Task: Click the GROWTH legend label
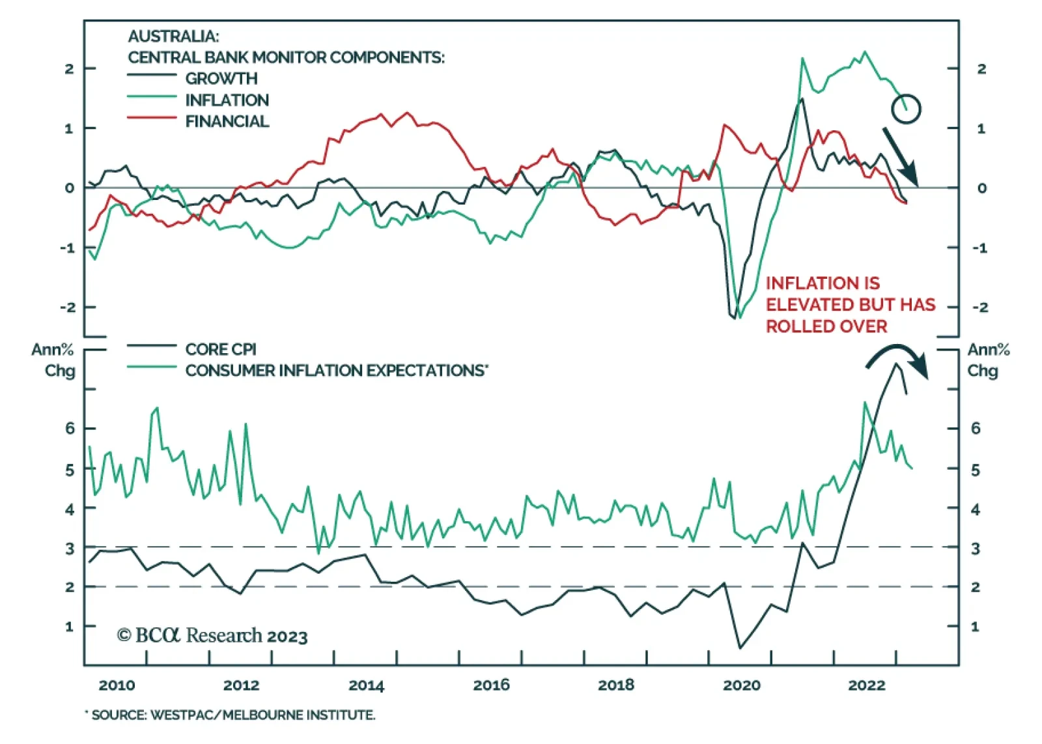point(221,79)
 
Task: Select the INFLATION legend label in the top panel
point(227,100)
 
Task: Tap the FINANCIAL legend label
point(227,122)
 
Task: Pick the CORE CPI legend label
point(221,349)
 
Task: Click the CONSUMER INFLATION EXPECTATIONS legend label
point(336,371)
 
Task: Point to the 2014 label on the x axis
point(366,685)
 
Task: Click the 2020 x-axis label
point(741,685)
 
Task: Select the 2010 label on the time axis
point(117,685)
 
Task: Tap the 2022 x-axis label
point(866,685)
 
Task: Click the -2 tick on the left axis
point(68,308)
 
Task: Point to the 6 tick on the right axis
point(975,429)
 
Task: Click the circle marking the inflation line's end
point(906,109)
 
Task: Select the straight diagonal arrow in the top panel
point(900,156)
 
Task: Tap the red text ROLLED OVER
point(826,326)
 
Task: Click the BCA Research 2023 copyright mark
point(212,635)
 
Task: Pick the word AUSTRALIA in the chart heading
point(173,36)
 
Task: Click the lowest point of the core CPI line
point(740,648)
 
